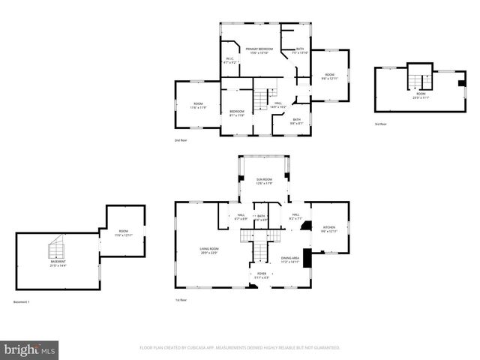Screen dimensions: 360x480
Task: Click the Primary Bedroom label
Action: click(259, 50)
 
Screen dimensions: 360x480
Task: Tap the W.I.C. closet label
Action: click(232, 61)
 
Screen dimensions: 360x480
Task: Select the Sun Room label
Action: click(264, 181)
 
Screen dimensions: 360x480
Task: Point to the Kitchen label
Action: click(329, 229)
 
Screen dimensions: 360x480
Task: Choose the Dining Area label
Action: click(290, 259)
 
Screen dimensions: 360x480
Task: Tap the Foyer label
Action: click(262, 275)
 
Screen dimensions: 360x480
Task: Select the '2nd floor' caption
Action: click(180, 141)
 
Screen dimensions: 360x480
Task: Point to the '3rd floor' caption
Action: click(381, 124)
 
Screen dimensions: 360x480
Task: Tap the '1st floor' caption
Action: click(181, 300)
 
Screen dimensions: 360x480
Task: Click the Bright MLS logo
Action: click(30, 349)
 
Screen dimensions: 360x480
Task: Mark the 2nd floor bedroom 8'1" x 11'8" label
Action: click(236, 113)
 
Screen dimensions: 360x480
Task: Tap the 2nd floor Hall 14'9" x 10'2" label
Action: click(278, 106)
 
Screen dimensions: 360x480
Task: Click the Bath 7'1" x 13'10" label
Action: click(300, 51)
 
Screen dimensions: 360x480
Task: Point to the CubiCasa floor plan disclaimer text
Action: click(239, 348)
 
